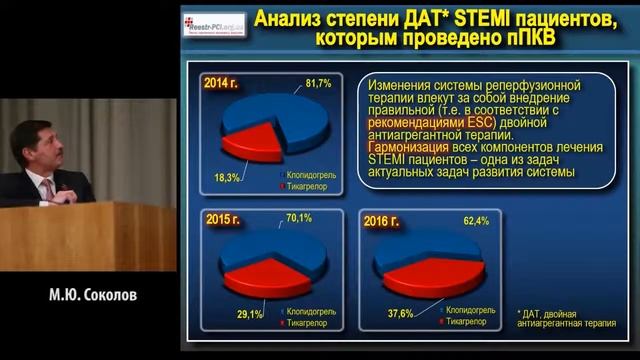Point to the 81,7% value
(x=318, y=81)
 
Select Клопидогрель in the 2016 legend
(x=474, y=311)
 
